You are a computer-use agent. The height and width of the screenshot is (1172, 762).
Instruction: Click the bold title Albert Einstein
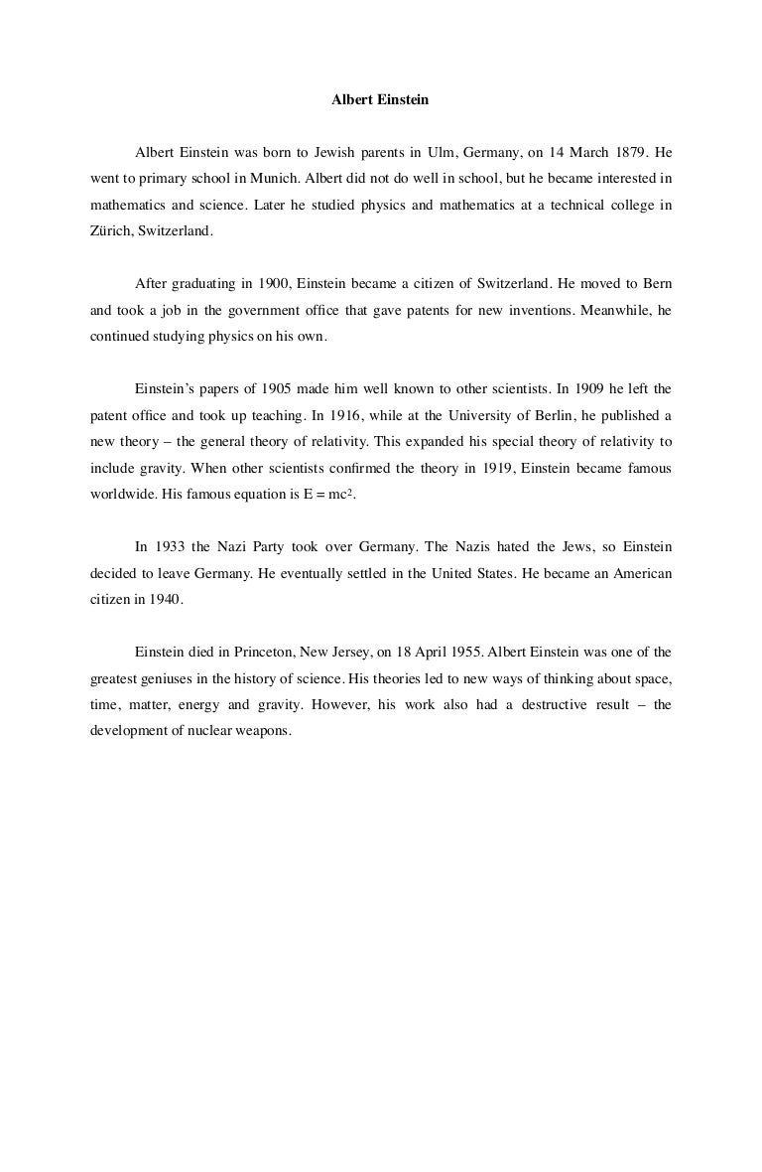tap(380, 100)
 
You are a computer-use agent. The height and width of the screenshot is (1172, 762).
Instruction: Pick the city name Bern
tap(658, 283)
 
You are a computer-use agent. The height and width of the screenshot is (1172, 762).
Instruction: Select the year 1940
tap(163, 599)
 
